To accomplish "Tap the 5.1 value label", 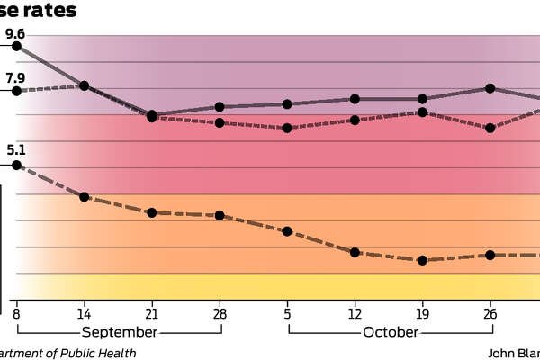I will click(x=15, y=150).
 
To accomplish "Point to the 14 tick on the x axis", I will click(x=84, y=314).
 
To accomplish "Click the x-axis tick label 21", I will click(x=152, y=314).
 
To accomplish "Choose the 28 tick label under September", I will click(x=220, y=314).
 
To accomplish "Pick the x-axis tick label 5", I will click(x=287, y=314).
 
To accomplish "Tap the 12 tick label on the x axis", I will click(x=355, y=314).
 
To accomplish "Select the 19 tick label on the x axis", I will click(x=422, y=314).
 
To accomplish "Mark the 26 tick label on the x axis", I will click(x=490, y=314).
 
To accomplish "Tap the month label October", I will click(x=390, y=331).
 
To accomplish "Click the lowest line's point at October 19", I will click(x=422, y=260).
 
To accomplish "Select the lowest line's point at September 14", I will click(x=84, y=196).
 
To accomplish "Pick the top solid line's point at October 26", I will click(x=490, y=88).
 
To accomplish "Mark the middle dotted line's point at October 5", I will click(x=287, y=128).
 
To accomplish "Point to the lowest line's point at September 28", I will click(x=220, y=216).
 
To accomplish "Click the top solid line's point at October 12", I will click(x=355, y=99).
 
